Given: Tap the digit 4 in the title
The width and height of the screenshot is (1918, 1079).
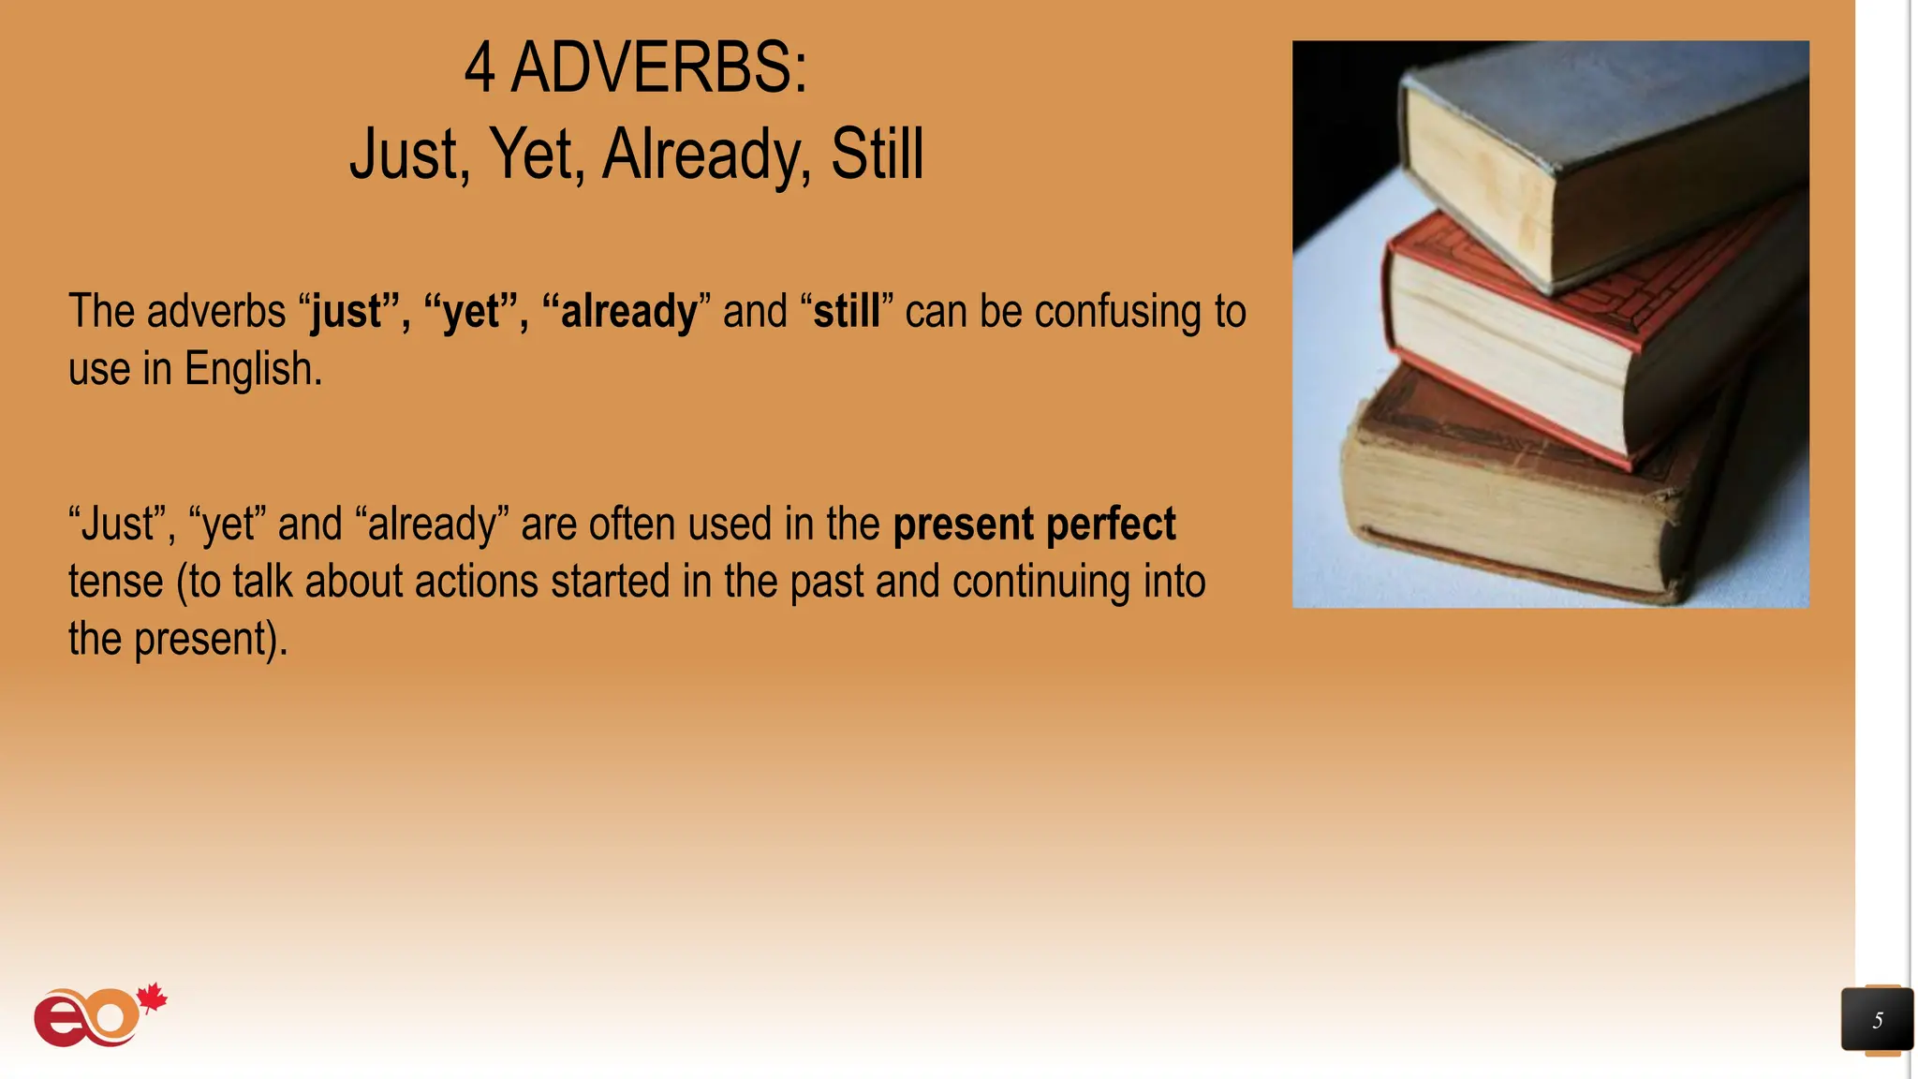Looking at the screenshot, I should pyautogui.click(x=479, y=68).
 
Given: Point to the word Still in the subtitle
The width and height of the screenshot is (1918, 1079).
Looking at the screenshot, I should pyautogui.click(x=877, y=155).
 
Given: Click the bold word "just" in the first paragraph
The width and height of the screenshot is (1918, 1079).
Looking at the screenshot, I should pyautogui.click(x=347, y=312).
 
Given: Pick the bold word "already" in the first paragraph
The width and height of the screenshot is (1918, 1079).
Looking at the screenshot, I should pyautogui.click(x=628, y=312).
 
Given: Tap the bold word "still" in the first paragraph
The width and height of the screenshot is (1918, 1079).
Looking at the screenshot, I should pyautogui.click(x=847, y=312).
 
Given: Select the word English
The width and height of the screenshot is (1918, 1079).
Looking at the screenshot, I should pyautogui.click(x=253, y=369).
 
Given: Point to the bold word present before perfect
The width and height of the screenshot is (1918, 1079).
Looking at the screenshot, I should pyautogui.click(x=964, y=525).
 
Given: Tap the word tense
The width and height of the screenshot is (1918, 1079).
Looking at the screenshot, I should pyautogui.click(x=116, y=582).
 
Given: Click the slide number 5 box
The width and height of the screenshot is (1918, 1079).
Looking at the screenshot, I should pyautogui.click(x=1877, y=1020).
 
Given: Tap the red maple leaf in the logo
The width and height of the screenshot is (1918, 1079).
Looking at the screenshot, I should pyautogui.click(x=152, y=998).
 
